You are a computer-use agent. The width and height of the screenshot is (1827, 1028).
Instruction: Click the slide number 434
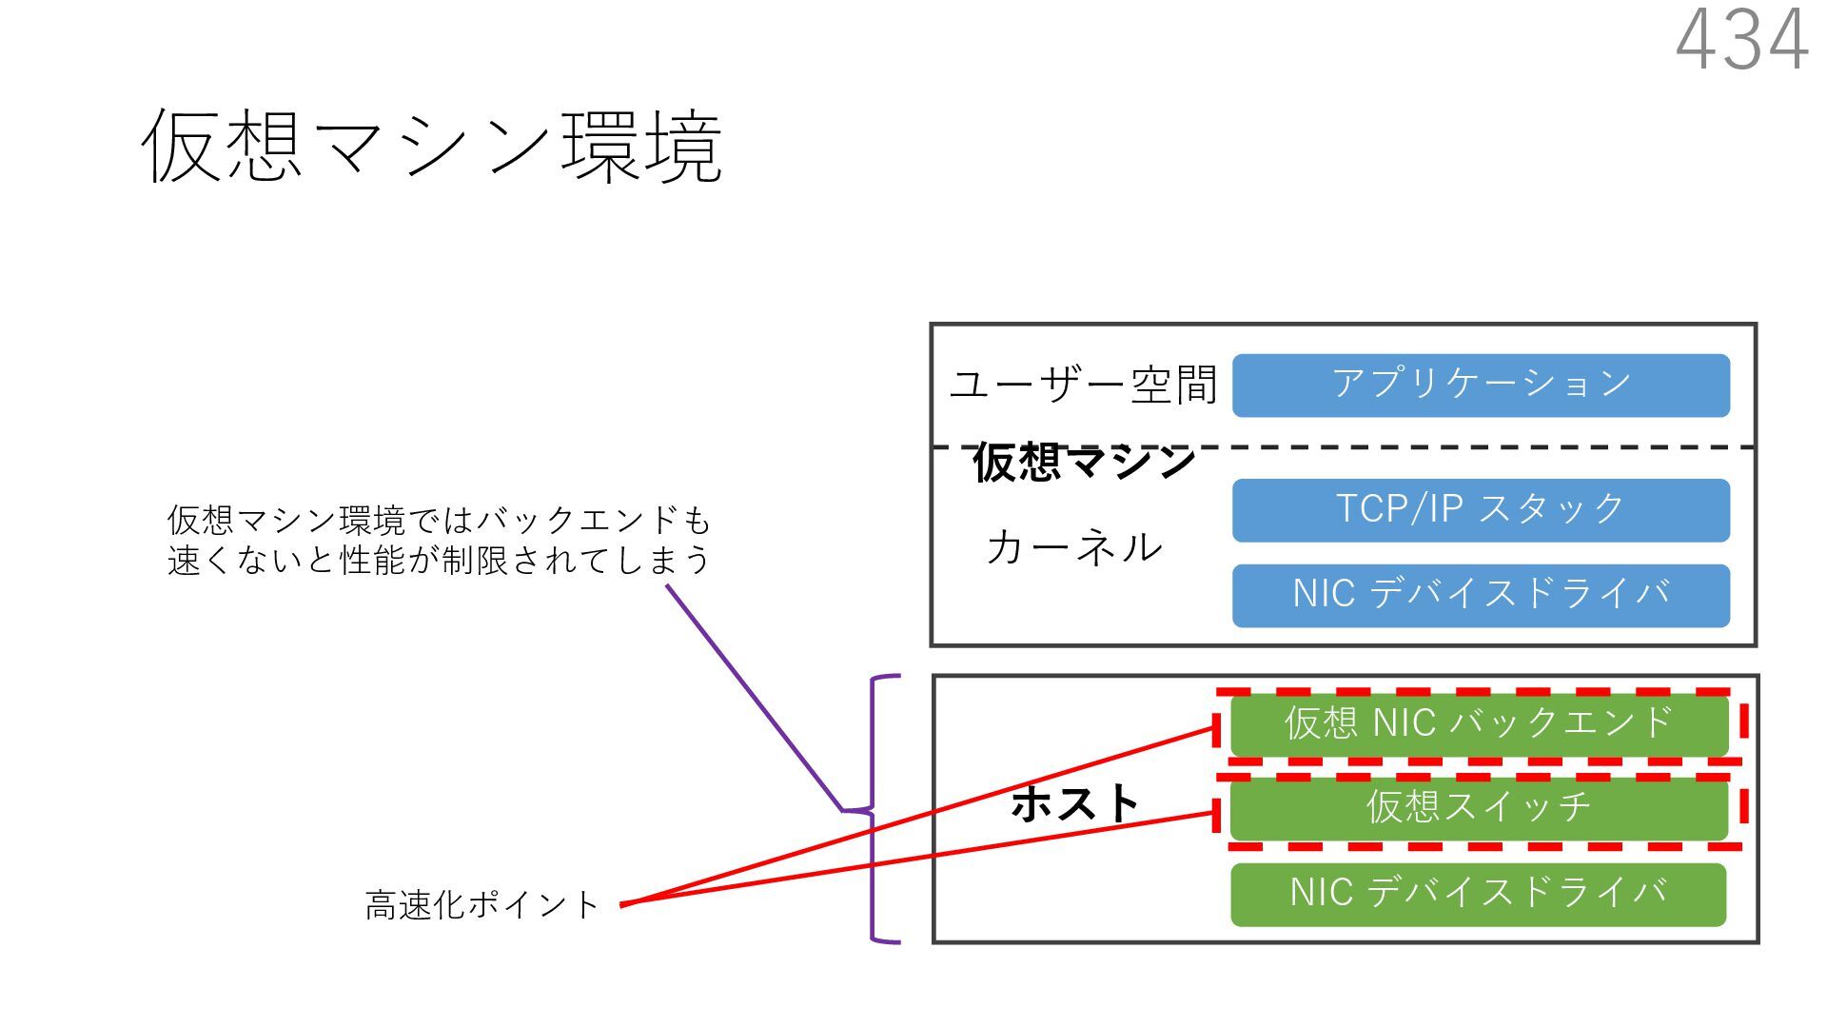[1741, 40]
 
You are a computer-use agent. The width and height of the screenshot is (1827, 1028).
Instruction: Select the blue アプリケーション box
[1481, 385]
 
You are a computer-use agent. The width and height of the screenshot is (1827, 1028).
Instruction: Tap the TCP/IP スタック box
[1481, 510]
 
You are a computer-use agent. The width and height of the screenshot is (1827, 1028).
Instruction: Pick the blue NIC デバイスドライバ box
[1481, 596]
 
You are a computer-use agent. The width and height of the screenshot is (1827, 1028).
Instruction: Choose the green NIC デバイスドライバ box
[1478, 895]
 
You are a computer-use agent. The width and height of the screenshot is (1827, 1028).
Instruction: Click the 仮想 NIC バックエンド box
[1479, 724]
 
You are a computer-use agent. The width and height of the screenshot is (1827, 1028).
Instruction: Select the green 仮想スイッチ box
[1479, 808]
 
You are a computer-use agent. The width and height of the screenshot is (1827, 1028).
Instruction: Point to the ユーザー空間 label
[1084, 385]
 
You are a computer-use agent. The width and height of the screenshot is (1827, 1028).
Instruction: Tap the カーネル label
[1074, 548]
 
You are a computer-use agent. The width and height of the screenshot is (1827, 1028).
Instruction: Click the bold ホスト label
[1075, 804]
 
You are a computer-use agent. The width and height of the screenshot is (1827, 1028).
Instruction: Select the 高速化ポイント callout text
[481, 905]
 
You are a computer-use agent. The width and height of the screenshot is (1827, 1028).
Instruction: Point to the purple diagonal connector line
[752, 695]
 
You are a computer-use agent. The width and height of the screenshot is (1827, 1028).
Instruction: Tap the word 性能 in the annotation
[374, 561]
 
